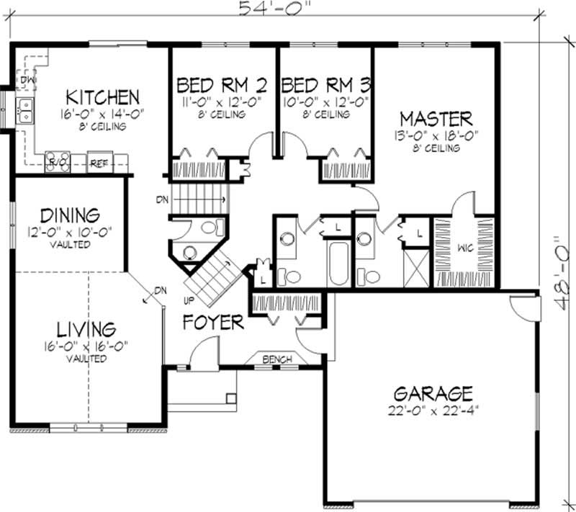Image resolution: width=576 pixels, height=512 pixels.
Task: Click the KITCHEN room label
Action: click(x=102, y=97)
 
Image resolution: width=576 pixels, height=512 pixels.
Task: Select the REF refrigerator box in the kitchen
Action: click(x=99, y=162)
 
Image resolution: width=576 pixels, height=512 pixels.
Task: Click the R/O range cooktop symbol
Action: click(x=58, y=162)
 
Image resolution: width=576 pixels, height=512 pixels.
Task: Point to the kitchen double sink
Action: click(x=24, y=111)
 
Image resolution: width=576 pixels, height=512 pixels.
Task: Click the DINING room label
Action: click(x=70, y=215)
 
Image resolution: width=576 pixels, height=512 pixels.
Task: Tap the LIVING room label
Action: click(x=86, y=330)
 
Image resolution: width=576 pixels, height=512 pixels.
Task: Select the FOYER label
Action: click(x=213, y=323)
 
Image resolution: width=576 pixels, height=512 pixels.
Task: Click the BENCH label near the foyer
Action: click(x=277, y=359)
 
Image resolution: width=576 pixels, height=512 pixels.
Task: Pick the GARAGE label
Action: click(x=433, y=394)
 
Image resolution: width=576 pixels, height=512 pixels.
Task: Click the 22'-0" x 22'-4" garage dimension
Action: click(x=433, y=410)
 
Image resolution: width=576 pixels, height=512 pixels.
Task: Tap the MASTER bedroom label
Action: click(x=436, y=119)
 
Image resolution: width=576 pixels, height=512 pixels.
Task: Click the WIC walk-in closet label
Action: click(x=465, y=248)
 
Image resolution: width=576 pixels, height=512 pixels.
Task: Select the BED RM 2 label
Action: click(x=222, y=85)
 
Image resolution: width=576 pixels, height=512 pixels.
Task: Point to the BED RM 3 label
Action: click(x=326, y=85)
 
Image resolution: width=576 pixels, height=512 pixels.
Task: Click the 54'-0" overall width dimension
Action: click(x=272, y=8)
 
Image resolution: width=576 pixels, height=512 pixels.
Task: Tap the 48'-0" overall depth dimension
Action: click(x=562, y=273)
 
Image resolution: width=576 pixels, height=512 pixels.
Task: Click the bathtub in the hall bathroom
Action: click(x=338, y=263)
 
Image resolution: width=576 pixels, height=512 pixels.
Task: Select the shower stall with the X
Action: click(x=416, y=268)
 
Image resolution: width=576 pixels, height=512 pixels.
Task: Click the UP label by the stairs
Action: click(x=189, y=301)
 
